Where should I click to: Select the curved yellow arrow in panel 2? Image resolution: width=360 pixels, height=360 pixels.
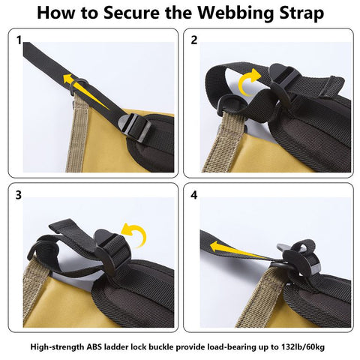[x=250, y=81]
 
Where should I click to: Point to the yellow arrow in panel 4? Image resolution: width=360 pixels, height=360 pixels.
[x=240, y=248]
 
